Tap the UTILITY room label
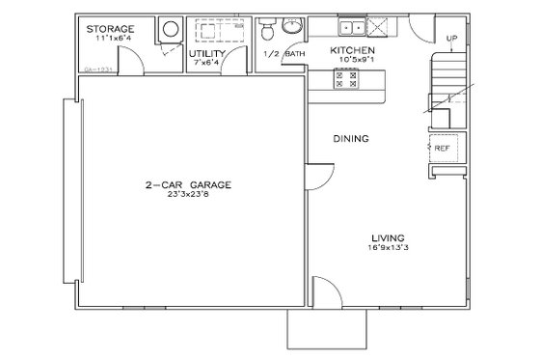pyautogui.click(x=207, y=53)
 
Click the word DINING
pyautogui.click(x=352, y=139)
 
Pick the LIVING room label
pyautogui.click(x=389, y=236)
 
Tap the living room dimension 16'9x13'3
pyautogui.click(x=389, y=247)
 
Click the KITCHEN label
pyautogui.click(x=353, y=49)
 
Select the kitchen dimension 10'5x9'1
pyautogui.click(x=355, y=59)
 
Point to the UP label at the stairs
pyautogui.click(x=452, y=39)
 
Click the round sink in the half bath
pyautogui.click(x=293, y=25)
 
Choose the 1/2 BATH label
pyautogui.click(x=284, y=53)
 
